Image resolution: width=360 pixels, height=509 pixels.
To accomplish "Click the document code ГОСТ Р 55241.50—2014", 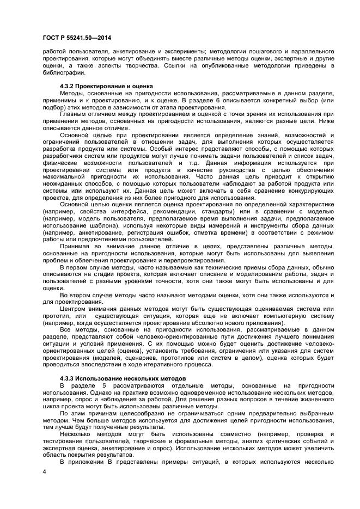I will (74, 36).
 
